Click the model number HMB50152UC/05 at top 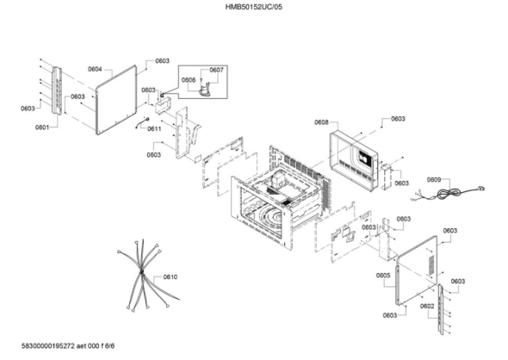254,7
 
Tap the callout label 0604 95,69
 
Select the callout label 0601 42,127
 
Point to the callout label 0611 154,128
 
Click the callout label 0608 321,122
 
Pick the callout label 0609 434,179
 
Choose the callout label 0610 170,276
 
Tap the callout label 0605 383,275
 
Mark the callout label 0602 427,307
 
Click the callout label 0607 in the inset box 216,70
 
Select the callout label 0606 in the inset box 189,80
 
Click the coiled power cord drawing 449,194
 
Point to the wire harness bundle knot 141,271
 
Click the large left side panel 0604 116,100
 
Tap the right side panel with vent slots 417,271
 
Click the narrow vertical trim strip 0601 57,90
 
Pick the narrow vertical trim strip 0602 441,309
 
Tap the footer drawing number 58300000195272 48,346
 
